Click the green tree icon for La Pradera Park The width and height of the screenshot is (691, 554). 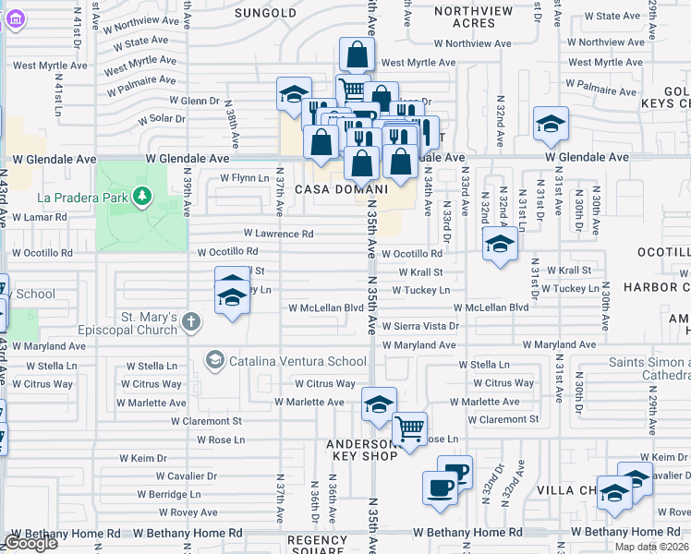141,195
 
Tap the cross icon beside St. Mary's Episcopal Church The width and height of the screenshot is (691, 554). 191,322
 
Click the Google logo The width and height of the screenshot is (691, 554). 31,542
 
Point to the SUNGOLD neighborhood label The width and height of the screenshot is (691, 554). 265,13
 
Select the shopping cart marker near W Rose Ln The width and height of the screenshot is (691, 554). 409,428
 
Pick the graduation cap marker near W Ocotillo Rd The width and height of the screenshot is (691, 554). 500,244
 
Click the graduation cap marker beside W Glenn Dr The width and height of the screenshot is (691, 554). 294,94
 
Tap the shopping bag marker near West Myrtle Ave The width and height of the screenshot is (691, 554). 356,54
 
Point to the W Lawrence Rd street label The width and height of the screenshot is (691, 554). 278,235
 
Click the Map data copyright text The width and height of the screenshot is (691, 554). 650,547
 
